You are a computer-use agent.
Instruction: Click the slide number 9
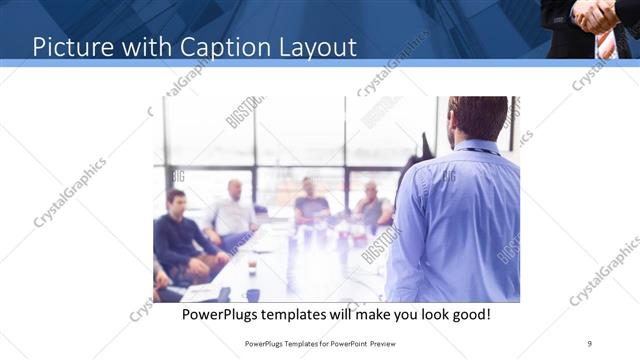click(590, 342)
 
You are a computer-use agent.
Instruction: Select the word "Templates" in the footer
click(301, 343)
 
